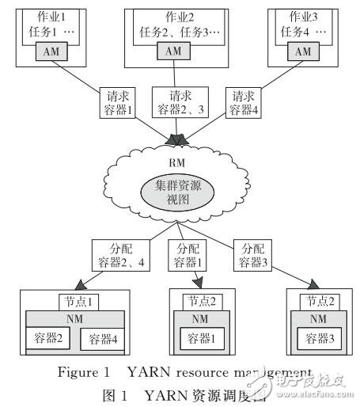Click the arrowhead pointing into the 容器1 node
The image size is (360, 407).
(x=197, y=288)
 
